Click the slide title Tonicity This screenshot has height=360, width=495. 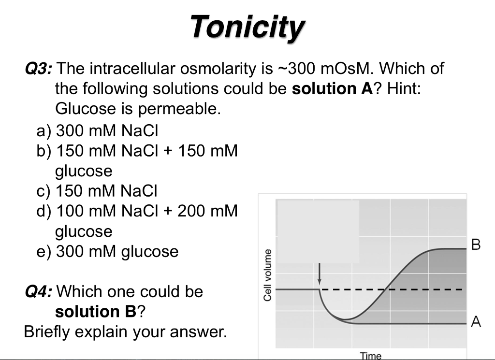point(247,27)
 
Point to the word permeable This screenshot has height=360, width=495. point(179,109)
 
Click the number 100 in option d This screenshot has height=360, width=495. point(71,211)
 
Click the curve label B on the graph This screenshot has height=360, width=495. point(476,245)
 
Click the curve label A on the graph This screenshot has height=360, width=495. point(476,322)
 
